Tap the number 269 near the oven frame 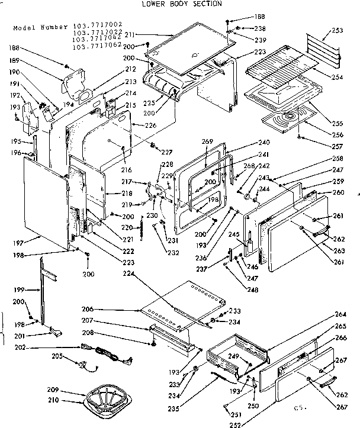tap(207, 141)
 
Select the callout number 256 tap(339, 135)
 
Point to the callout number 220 tap(127, 227)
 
